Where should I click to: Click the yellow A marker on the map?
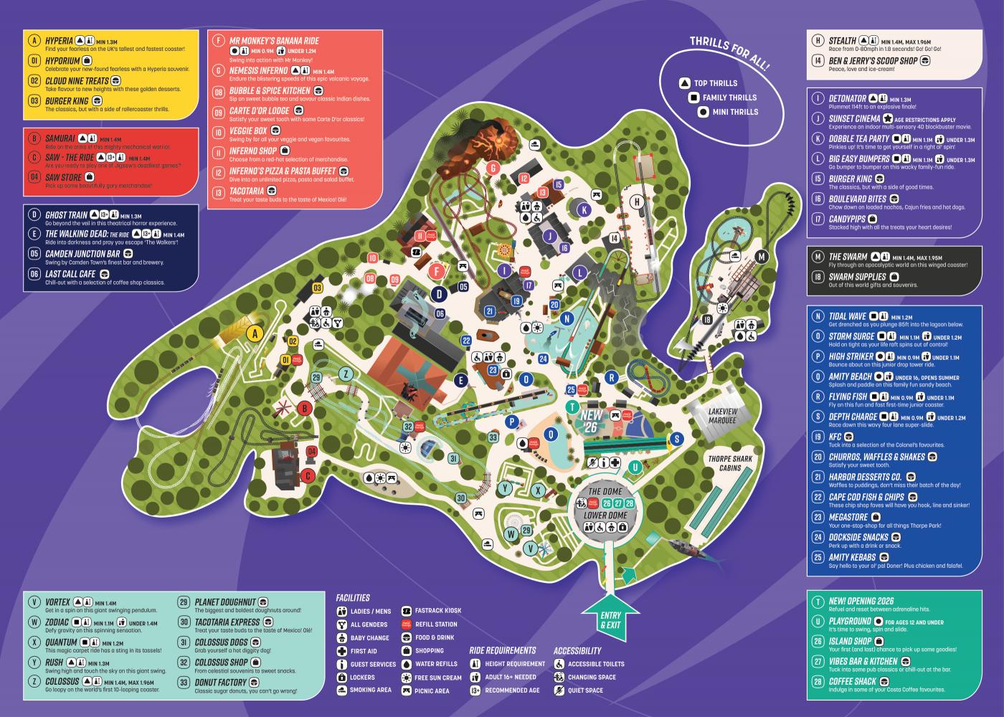pyautogui.click(x=253, y=333)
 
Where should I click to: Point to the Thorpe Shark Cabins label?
pyautogui.click(x=730, y=463)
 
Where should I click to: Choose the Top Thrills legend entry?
pyautogui.click(x=715, y=83)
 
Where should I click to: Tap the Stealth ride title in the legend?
pyautogui.click(x=842, y=42)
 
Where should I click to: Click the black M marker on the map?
pyautogui.click(x=762, y=257)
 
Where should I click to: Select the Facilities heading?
pyautogui.click(x=353, y=597)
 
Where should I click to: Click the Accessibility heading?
pyautogui.click(x=577, y=651)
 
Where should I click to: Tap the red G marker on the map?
pyautogui.click(x=493, y=168)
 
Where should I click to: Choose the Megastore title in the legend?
pyautogui.click(x=848, y=517)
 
